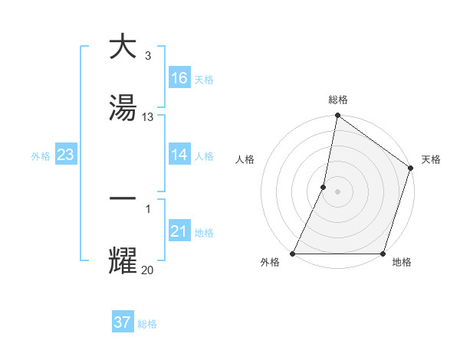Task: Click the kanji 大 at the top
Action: [123, 47]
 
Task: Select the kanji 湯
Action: [123, 108]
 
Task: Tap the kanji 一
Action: [123, 198]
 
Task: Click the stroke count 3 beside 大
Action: [147, 56]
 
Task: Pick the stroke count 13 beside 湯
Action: [148, 117]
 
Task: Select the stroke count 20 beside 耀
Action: [148, 270]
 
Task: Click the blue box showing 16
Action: [179, 78]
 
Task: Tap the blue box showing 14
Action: [179, 155]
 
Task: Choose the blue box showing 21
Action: [179, 231]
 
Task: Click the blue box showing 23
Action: [66, 155]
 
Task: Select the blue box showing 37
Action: [123, 322]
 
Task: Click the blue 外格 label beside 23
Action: [41, 156]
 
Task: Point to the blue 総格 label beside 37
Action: [147, 324]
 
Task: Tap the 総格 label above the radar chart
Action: [337, 100]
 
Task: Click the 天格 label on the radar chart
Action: [431, 159]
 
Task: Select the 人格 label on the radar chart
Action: [245, 159]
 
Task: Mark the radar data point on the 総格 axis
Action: [337, 116]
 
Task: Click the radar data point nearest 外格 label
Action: [293, 254]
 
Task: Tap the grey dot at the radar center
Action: [337, 191]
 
